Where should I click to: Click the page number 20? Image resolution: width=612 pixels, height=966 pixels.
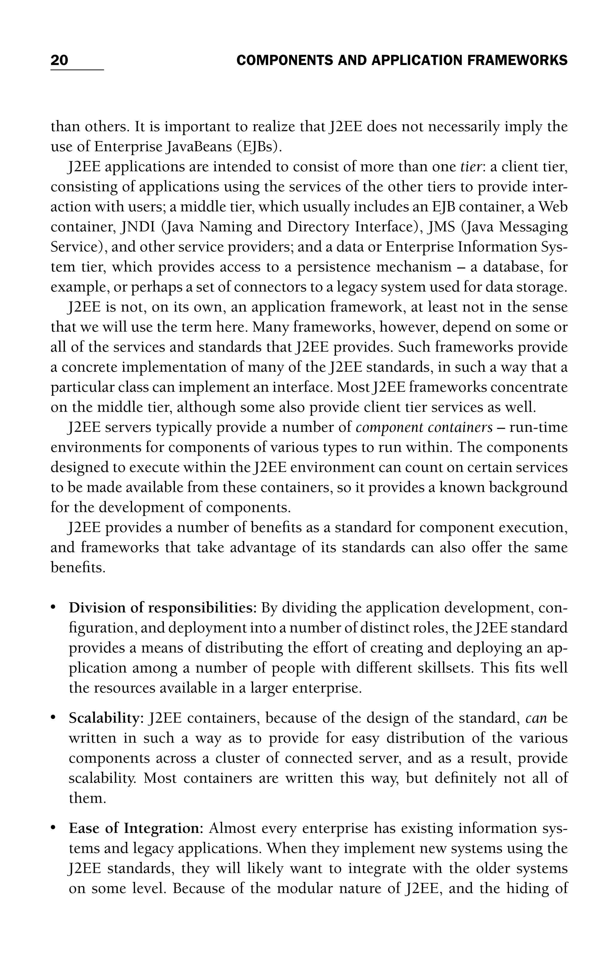pos(59,60)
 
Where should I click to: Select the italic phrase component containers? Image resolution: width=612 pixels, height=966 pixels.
pos(424,428)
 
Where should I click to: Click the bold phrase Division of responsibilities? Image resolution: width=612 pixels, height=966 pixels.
pos(162,608)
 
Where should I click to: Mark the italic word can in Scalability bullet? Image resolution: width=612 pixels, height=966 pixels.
pos(536,718)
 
